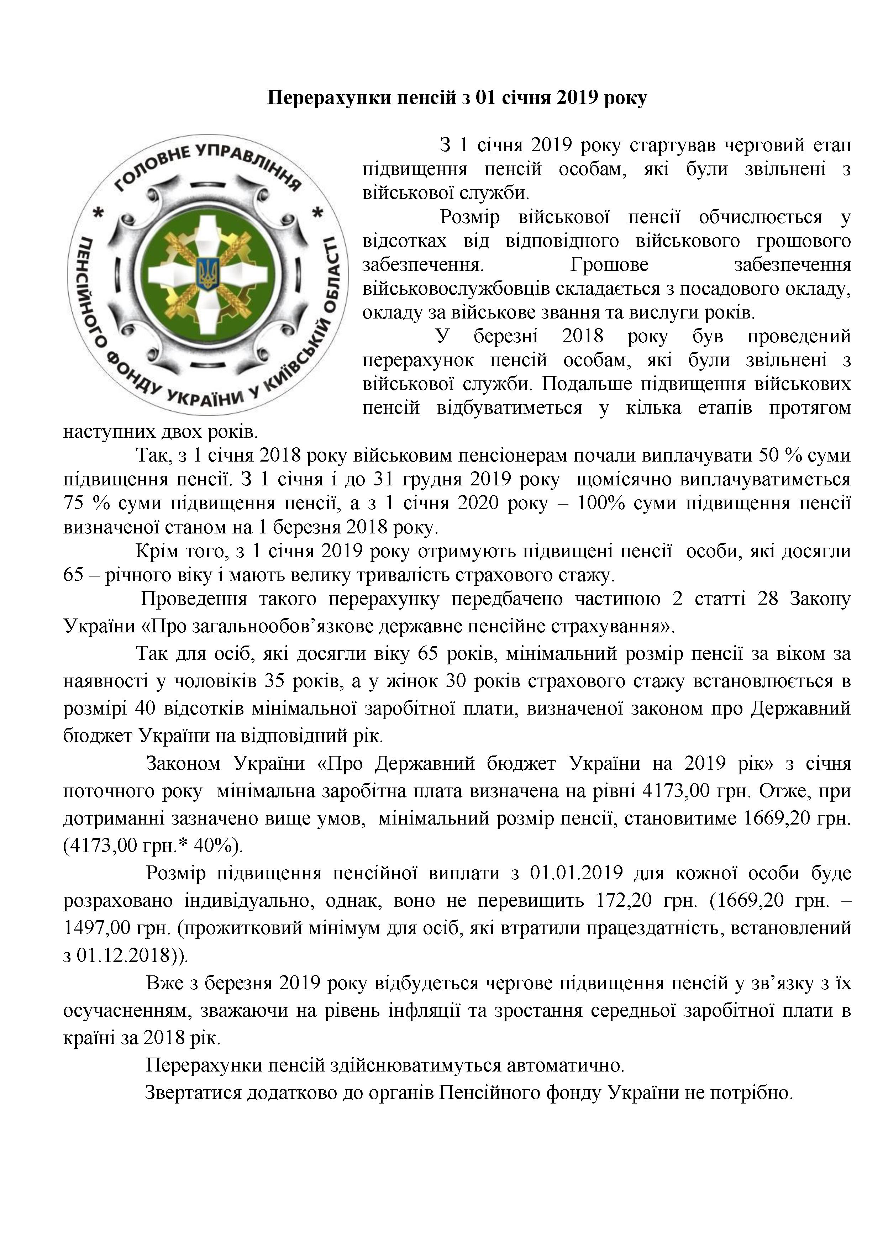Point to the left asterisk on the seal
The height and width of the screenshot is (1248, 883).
click(x=99, y=214)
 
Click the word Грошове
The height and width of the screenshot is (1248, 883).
click(x=610, y=265)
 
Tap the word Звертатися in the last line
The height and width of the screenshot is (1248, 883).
click(x=194, y=1092)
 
